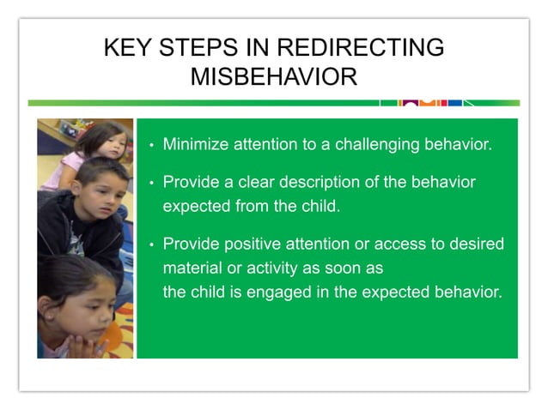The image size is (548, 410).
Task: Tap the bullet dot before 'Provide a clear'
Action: tap(151, 184)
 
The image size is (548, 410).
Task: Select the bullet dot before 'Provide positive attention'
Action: tap(151, 244)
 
